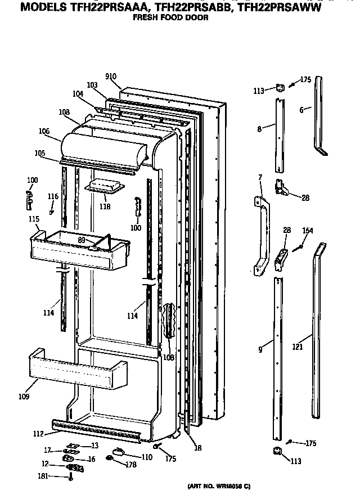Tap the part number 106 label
[x=44, y=131]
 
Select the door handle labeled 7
[x=259, y=236]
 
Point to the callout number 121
[x=298, y=347]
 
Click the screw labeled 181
[x=71, y=477]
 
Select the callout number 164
[x=308, y=230]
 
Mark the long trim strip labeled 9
[x=278, y=360]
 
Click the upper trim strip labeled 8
[x=280, y=135]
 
